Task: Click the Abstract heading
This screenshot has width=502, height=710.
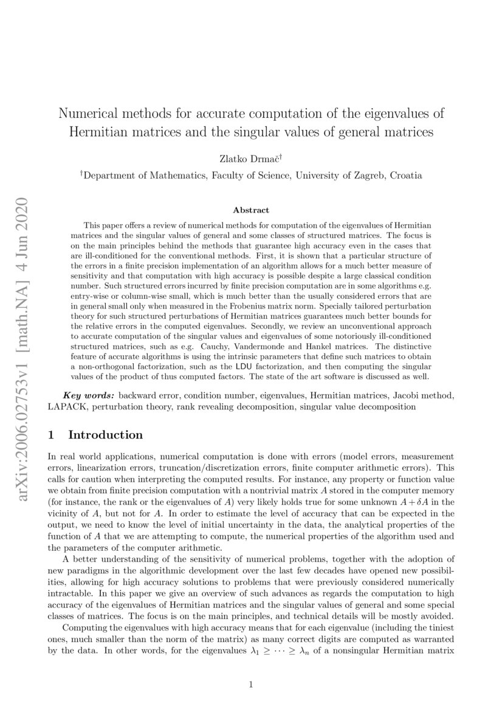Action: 251,210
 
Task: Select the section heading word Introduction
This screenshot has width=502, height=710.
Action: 106,435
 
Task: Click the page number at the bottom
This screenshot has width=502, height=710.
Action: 251,684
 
